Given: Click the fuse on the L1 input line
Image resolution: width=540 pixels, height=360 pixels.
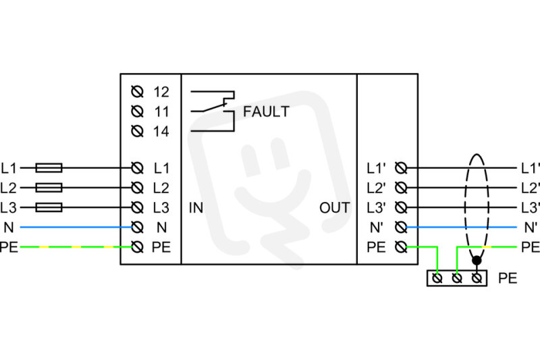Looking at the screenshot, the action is tap(49, 168).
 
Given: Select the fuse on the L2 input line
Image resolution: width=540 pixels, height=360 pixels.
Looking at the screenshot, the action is tap(49, 188).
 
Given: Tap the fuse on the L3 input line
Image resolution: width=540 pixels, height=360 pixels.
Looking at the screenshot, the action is tap(49, 207).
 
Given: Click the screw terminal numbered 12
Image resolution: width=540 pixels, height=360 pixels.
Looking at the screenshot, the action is tap(138, 92).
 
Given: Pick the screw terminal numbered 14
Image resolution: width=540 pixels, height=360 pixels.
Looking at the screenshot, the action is tap(138, 131).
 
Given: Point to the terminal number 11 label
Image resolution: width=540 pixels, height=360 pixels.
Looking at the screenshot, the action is tap(161, 111).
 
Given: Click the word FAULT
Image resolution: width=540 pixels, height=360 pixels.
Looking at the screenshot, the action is tap(266, 111).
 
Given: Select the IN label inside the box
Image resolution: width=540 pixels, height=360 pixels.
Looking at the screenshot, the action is tap(196, 208).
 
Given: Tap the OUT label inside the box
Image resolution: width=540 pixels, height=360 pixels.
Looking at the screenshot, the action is tap(334, 208).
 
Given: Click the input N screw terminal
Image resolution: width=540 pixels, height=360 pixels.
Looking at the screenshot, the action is tap(138, 228).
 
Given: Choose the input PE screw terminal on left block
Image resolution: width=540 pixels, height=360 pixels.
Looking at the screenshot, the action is tap(138, 247).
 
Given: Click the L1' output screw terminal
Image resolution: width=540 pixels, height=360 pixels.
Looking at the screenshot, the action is tap(401, 168).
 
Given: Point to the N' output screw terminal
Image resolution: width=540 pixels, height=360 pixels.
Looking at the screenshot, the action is tap(401, 228).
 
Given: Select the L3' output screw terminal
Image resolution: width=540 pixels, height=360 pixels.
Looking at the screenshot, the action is tap(401, 207).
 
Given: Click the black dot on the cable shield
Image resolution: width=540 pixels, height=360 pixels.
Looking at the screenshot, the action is tap(477, 261).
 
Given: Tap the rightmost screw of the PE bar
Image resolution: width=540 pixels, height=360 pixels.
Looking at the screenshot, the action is tap(477, 278).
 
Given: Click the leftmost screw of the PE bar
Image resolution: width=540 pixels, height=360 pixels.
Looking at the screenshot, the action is tap(437, 278).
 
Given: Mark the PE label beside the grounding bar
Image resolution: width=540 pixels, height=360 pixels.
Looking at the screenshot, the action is tap(508, 278).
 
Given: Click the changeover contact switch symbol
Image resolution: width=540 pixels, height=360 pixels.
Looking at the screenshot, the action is tap(213, 111).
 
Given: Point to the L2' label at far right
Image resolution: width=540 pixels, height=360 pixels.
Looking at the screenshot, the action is tap(531, 188).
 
